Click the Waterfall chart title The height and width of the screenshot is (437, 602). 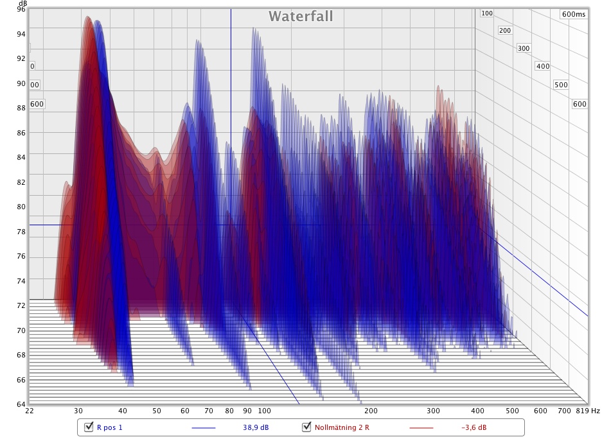[x=301, y=16]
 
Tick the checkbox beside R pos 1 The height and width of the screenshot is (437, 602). [x=89, y=427]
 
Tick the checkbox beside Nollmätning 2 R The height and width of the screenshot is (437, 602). [x=306, y=427]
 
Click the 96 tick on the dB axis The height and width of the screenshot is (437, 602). [x=21, y=10]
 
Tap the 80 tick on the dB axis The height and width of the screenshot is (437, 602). [x=21, y=207]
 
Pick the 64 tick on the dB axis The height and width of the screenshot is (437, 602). [x=21, y=404]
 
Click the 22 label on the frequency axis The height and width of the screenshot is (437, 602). [x=30, y=411]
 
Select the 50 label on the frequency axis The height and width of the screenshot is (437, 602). [x=157, y=411]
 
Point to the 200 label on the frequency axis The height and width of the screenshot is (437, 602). [x=371, y=411]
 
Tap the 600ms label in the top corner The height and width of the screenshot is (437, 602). [x=573, y=14]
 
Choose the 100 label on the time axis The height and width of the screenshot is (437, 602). [x=487, y=13]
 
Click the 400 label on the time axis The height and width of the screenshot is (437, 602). [x=543, y=66]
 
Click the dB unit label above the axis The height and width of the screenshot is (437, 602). [x=22, y=3]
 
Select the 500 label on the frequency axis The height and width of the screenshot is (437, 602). [x=511, y=411]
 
